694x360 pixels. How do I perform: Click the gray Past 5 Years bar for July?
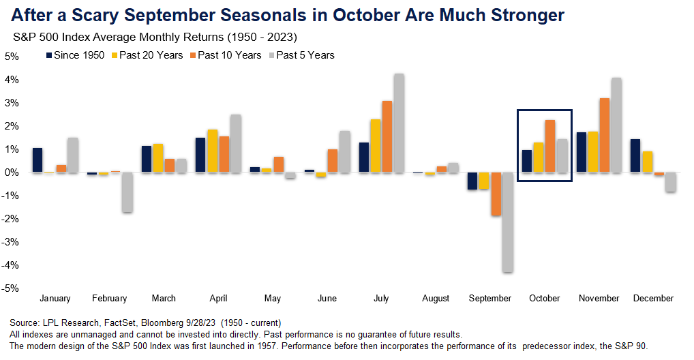click(399, 123)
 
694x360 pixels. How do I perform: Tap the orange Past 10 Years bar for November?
click(604, 136)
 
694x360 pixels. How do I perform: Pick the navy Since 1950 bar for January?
click(37, 160)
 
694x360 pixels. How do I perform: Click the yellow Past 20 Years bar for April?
click(212, 151)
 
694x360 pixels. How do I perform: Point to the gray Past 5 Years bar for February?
click(127, 192)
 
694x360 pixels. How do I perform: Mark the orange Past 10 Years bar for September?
click(496, 194)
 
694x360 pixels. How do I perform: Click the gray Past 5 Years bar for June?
click(345, 152)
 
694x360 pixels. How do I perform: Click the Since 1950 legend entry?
click(75, 55)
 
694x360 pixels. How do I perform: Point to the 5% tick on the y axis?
click(12, 57)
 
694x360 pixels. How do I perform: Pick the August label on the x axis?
click(436, 298)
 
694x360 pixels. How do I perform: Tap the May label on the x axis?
click(273, 298)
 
